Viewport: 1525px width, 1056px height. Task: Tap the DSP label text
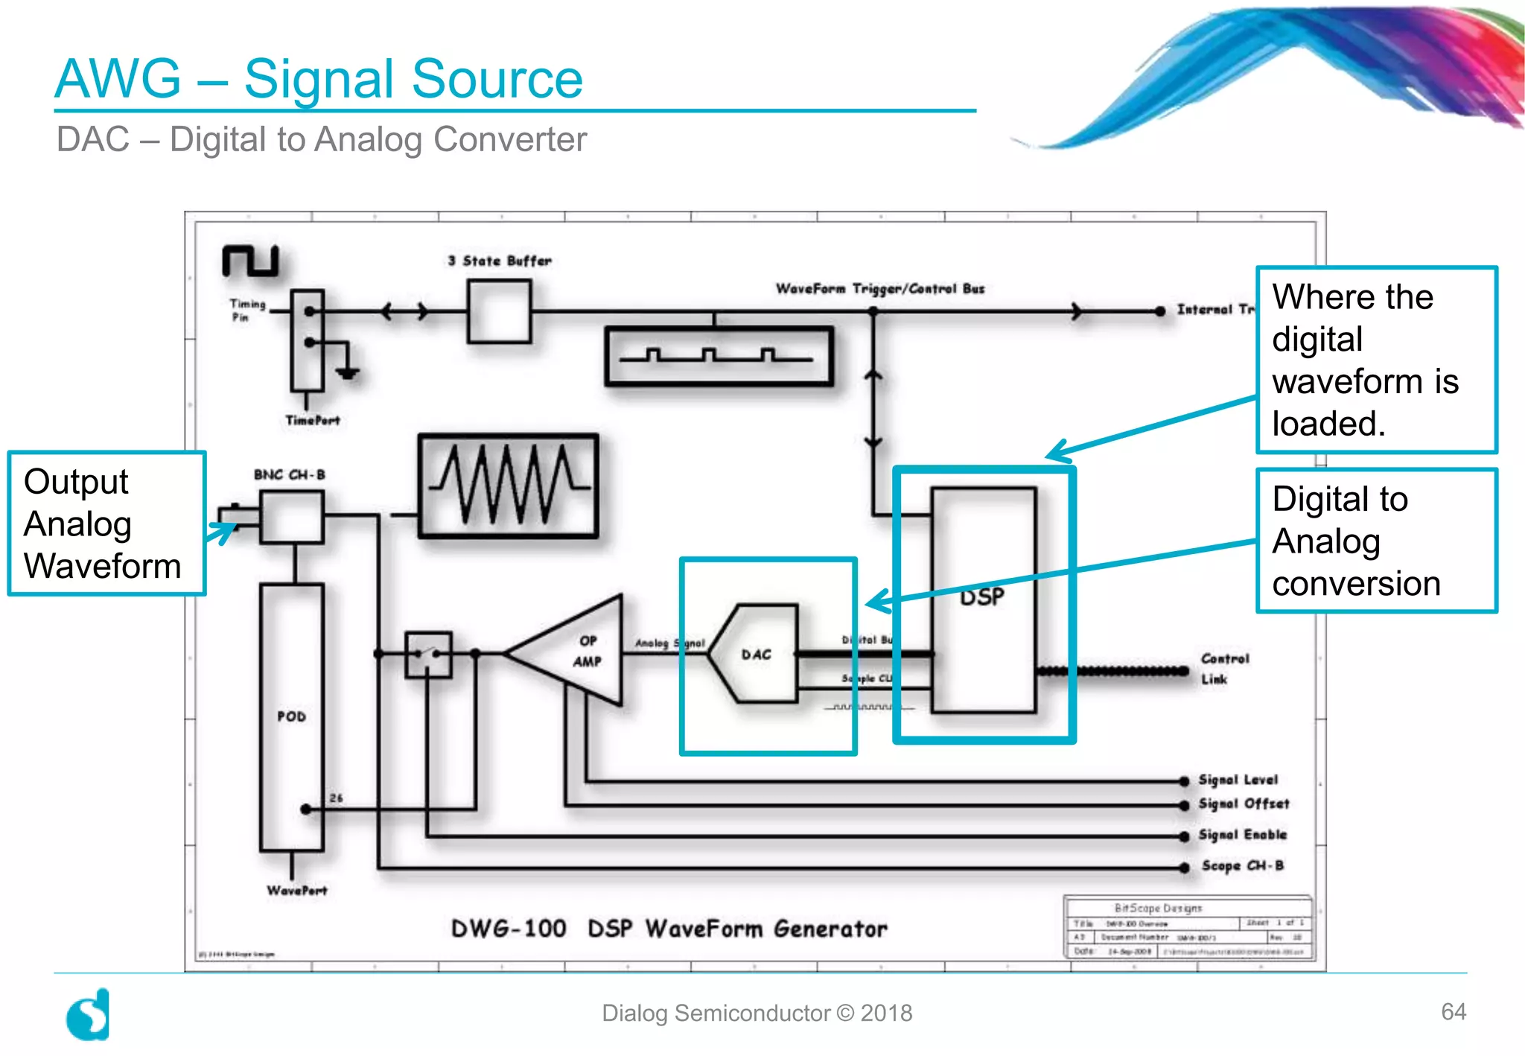point(981,597)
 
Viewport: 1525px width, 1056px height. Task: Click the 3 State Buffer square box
point(499,311)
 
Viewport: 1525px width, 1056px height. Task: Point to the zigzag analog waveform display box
point(509,486)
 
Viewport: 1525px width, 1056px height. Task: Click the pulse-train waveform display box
point(719,357)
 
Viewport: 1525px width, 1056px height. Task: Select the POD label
point(291,716)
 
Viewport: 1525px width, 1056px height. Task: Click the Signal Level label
point(1238,780)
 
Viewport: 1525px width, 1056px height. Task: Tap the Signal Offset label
point(1244,804)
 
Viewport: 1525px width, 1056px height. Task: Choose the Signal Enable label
point(1242,835)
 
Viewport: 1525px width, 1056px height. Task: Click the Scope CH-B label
point(1242,865)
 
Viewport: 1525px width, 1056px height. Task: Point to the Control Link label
point(1223,669)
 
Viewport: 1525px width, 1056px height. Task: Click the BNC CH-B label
point(290,474)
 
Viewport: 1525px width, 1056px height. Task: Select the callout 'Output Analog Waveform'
point(106,524)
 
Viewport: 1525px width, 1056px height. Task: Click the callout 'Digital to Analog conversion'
point(1376,541)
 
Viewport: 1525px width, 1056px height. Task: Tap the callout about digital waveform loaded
point(1376,360)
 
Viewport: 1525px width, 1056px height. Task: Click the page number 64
point(1453,1011)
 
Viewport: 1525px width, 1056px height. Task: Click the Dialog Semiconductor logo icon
point(89,1015)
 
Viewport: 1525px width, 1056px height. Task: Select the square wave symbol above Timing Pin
point(250,261)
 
